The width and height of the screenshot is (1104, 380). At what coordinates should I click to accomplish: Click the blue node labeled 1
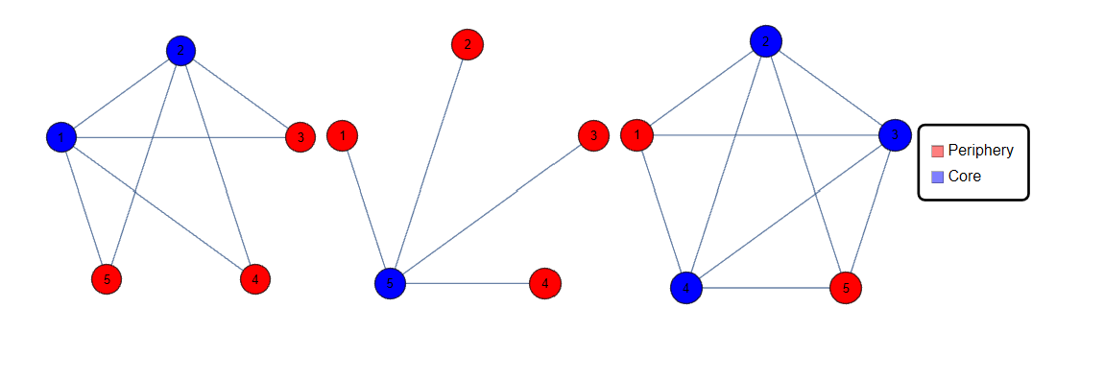[x=61, y=137]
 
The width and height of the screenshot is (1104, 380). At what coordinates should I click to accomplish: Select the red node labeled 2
[x=468, y=44]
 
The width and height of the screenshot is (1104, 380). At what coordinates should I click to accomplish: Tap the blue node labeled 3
[x=895, y=135]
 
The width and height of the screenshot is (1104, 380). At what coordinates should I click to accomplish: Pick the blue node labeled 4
[x=686, y=287]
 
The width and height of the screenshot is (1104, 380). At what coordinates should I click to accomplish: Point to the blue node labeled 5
[x=391, y=283]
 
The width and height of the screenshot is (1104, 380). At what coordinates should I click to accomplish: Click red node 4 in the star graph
[x=545, y=283]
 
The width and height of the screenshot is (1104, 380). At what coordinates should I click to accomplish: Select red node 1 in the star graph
[x=343, y=136]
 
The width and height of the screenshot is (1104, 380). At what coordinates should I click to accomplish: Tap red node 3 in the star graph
[x=594, y=136]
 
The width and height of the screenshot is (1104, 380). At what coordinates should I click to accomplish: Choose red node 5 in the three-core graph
[x=846, y=287]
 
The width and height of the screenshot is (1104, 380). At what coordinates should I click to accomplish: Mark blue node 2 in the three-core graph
[x=766, y=41]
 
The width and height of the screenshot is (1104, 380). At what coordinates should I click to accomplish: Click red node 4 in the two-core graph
[x=255, y=279]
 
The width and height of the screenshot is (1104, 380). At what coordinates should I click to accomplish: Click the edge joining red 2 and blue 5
[x=429, y=163]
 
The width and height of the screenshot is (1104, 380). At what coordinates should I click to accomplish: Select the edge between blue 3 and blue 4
[x=790, y=211]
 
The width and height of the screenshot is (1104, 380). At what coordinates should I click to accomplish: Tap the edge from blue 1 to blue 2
[x=121, y=93]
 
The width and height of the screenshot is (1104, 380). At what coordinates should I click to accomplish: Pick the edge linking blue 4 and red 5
[x=766, y=287]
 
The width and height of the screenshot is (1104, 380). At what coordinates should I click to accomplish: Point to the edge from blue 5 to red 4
[x=468, y=283]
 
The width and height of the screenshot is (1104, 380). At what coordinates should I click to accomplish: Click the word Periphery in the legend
[x=980, y=151]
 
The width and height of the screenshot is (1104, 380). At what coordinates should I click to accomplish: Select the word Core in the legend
[x=964, y=177]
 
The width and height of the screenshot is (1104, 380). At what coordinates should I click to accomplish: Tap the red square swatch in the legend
[x=937, y=151]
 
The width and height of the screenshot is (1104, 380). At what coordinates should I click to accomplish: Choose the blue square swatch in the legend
[x=937, y=177]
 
